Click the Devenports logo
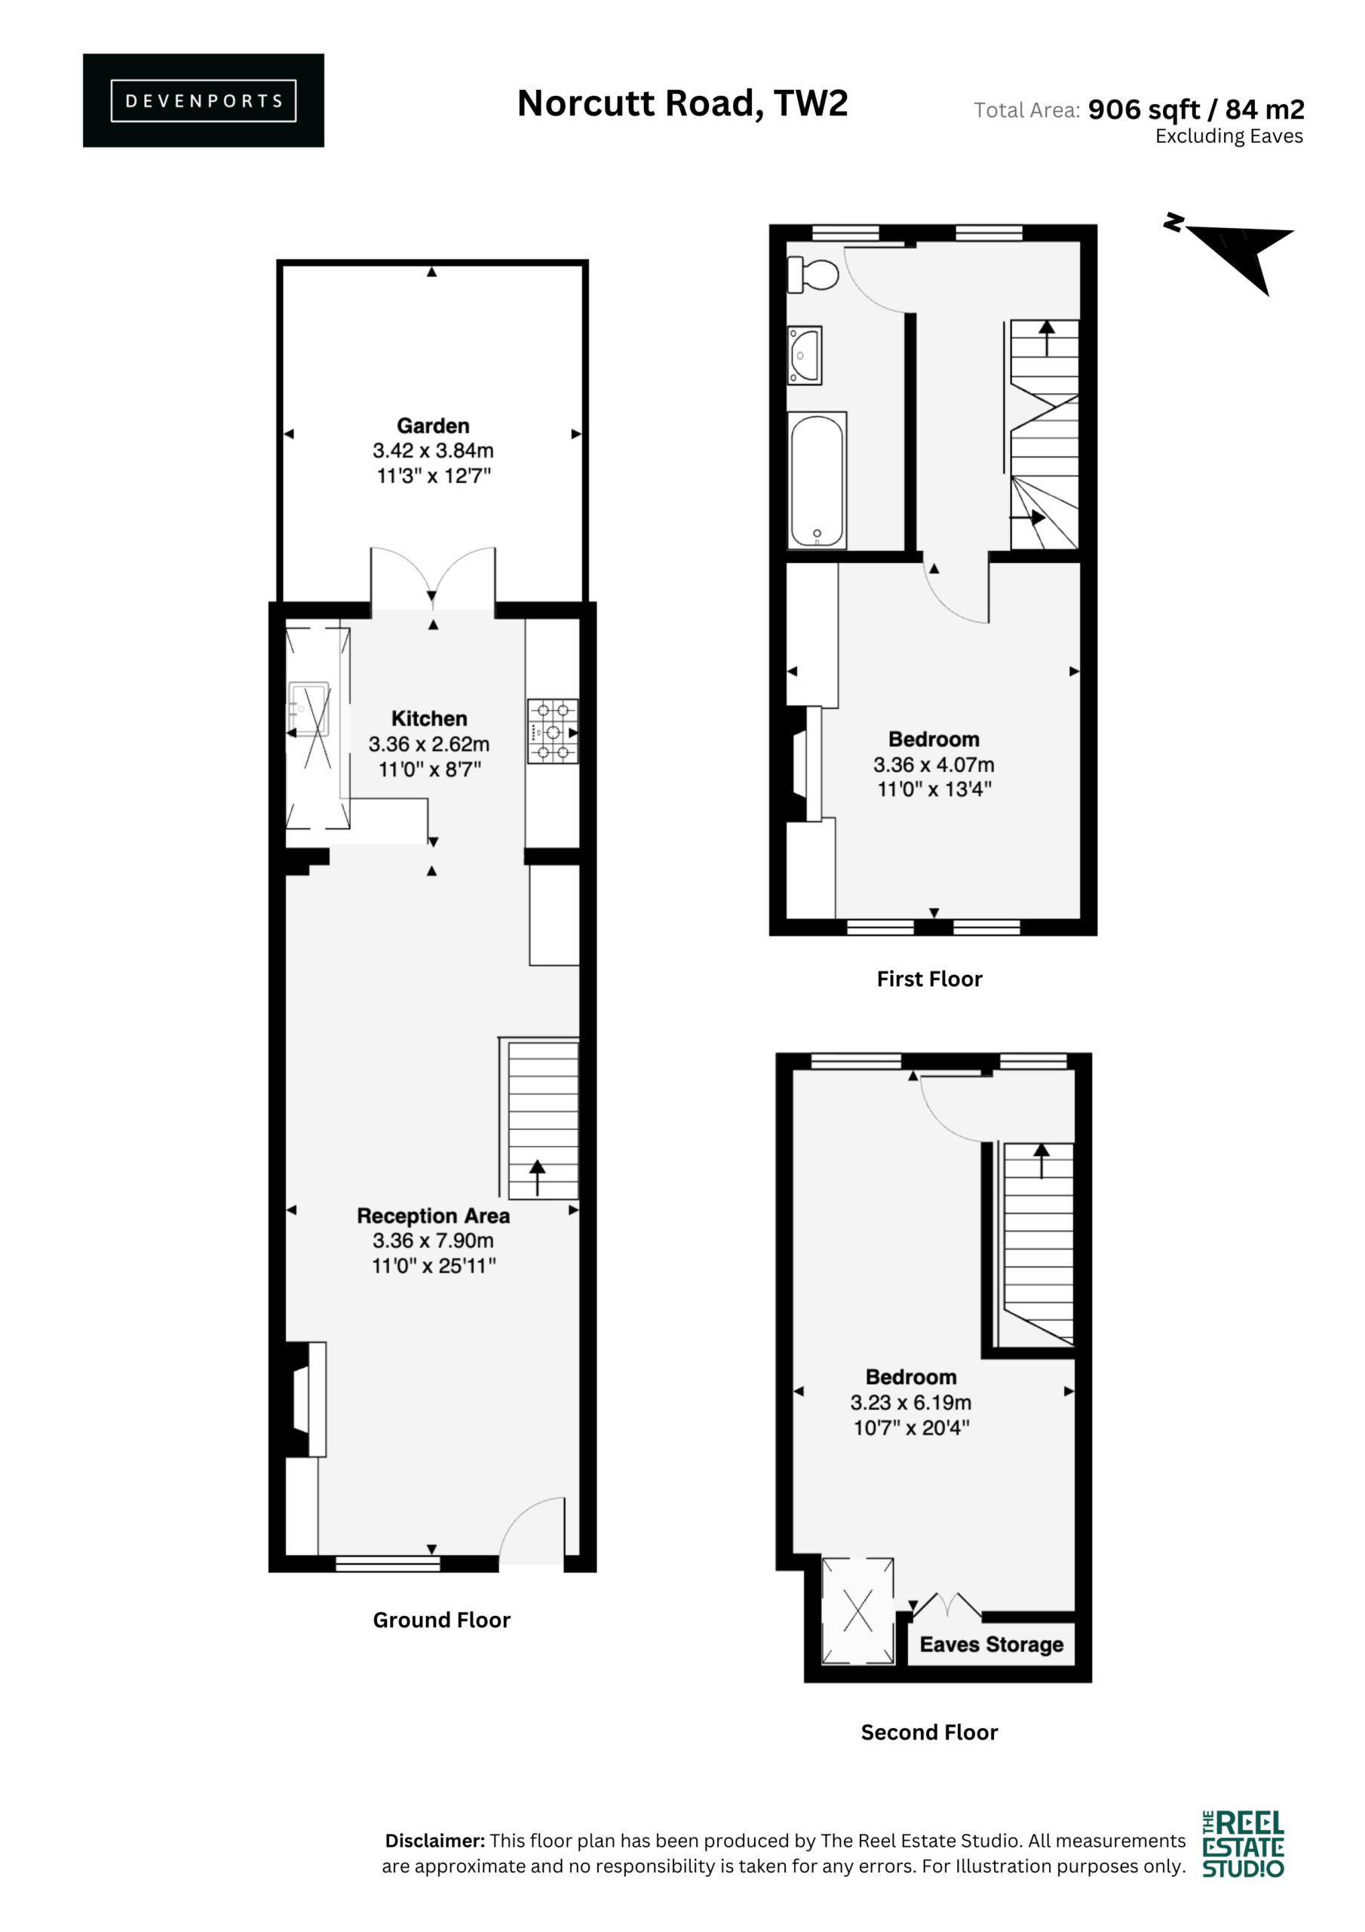(203, 100)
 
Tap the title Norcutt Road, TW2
(682, 103)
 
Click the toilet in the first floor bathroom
(812, 274)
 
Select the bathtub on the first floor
(817, 480)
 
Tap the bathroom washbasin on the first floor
(804, 356)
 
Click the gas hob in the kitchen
(553, 731)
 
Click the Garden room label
(433, 426)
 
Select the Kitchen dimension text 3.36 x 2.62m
(429, 744)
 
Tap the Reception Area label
(433, 1215)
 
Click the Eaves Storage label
(992, 1644)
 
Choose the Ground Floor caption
(441, 1620)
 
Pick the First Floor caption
(929, 979)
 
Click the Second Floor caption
(929, 1732)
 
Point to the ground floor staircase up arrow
(538, 1177)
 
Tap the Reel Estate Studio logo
(1243, 1844)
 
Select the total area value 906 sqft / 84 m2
(1196, 109)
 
